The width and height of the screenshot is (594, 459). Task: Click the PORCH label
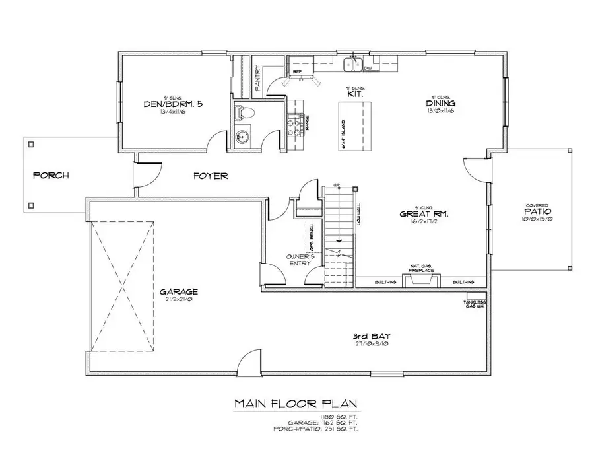(51, 176)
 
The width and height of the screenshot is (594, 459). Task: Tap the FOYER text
(211, 176)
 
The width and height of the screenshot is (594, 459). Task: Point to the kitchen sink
(354, 64)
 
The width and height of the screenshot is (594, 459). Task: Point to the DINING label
(441, 104)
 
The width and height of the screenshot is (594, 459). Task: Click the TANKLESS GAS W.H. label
(475, 304)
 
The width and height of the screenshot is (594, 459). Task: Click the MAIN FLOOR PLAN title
(297, 403)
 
